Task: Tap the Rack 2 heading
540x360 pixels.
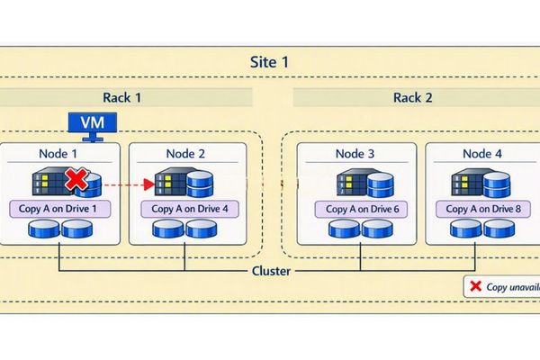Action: tap(414, 97)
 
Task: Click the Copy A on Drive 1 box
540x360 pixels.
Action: tap(58, 209)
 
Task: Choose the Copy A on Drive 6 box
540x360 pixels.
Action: tap(355, 209)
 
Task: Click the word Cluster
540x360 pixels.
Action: tap(269, 271)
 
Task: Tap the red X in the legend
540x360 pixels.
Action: tap(474, 287)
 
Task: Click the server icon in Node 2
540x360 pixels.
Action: tap(172, 184)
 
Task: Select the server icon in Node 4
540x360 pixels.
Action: tap(468, 184)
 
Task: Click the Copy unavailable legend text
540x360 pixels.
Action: tap(512, 287)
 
